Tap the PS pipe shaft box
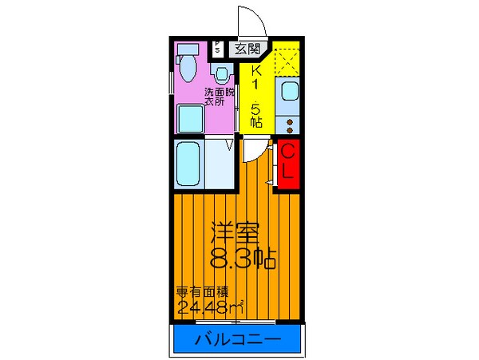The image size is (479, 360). pyautogui.click(x=217, y=49)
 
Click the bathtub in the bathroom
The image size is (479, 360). pyautogui.click(x=189, y=164)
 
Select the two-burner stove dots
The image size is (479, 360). pyautogui.click(x=289, y=124)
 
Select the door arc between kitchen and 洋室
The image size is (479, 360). pyautogui.click(x=255, y=149)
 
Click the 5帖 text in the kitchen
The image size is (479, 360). pyautogui.click(x=255, y=113)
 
